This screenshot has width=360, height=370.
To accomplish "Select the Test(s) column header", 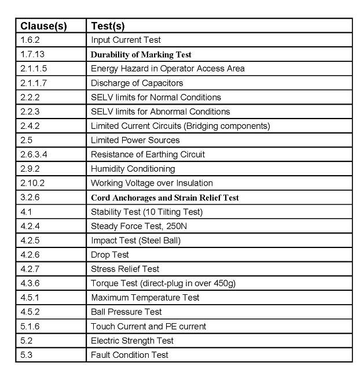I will click(108, 26).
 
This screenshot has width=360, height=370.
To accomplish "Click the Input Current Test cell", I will click(126, 40).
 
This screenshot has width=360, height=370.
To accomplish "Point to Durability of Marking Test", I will click(141, 54).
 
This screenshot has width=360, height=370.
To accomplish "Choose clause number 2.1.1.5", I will click(34, 68).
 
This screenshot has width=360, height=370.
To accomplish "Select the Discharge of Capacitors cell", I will click(137, 83).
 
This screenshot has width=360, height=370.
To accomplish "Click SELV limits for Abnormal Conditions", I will click(160, 112).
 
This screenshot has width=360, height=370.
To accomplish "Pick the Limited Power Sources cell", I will click(135, 140).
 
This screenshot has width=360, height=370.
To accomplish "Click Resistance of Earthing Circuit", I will click(148, 154).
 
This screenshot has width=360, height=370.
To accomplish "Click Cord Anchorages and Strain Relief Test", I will click(164, 197).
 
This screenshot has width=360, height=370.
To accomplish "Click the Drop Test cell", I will click(110, 254).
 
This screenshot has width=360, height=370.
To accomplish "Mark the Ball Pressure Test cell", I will click(126, 312).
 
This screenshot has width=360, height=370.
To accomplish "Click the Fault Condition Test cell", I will click(130, 354).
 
